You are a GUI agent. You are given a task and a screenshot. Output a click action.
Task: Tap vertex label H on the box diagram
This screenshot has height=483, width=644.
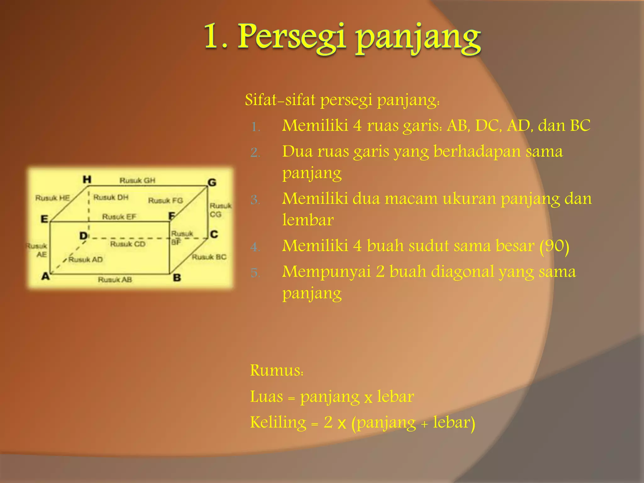pyautogui.click(x=87, y=180)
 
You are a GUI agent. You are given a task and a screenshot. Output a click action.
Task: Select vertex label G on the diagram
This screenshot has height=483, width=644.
pyautogui.click(x=212, y=182)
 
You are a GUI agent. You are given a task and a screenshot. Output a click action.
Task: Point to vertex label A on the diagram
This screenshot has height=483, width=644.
pyautogui.click(x=46, y=276)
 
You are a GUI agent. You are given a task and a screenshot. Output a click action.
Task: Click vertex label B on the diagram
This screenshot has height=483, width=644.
pyautogui.click(x=177, y=278)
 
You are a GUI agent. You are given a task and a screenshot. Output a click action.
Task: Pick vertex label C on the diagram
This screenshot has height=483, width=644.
pyautogui.click(x=214, y=234)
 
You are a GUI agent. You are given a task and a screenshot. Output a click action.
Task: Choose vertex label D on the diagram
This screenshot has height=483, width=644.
pyautogui.click(x=83, y=236)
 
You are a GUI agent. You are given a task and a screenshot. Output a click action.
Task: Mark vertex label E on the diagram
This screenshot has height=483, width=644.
pyautogui.click(x=44, y=219)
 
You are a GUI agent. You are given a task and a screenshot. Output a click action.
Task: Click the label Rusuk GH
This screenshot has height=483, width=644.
pyautogui.click(x=137, y=180)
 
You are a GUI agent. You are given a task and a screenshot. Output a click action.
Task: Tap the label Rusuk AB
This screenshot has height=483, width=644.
pyautogui.click(x=115, y=280)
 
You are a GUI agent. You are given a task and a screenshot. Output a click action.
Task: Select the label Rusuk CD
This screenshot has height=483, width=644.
pyautogui.click(x=128, y=244)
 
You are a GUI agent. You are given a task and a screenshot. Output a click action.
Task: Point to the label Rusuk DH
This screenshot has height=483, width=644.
pyautogui.click(x=111, y=197)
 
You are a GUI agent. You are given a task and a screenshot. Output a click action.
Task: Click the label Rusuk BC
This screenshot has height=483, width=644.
pyautogui.click(x=209, y=257)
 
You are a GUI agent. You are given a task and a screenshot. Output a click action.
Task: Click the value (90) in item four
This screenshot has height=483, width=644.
pyautogui.click(x=554, y=246)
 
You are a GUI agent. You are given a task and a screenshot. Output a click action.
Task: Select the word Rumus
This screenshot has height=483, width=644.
pyautogui.click(x=276, y=370)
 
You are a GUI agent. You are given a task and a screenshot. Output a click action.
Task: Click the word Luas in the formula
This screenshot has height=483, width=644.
pyautogui.click(x=266, y=397)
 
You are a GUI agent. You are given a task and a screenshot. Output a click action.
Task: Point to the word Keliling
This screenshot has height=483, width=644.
pyautogui.click(x=278, y=422)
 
